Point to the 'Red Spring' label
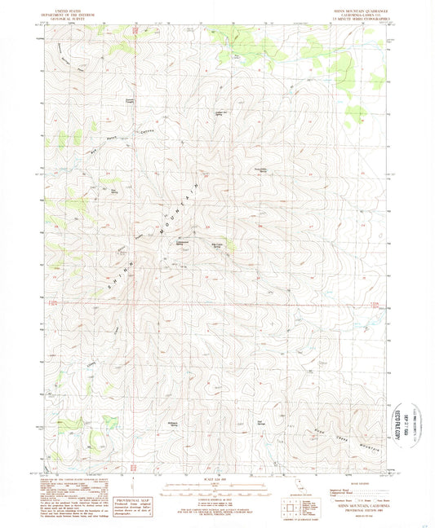(260, 422)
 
